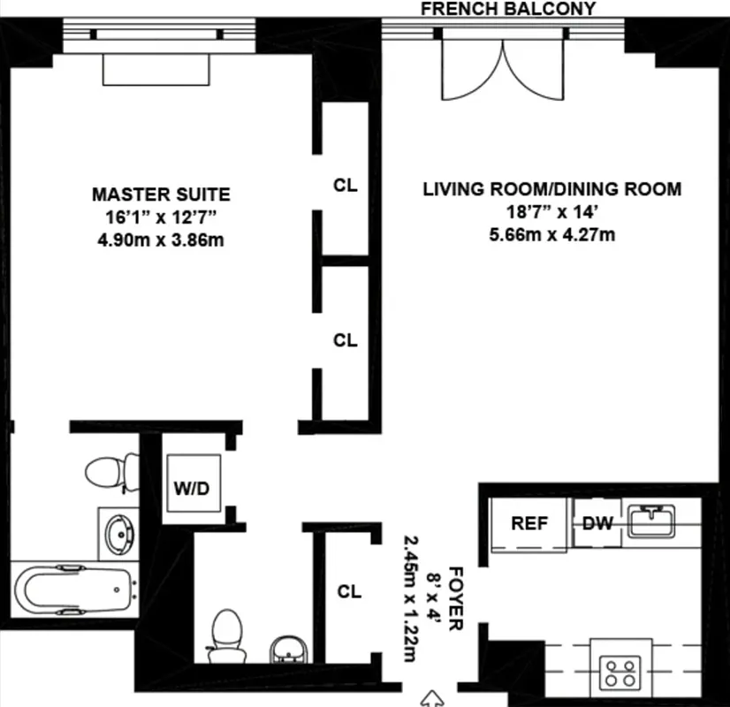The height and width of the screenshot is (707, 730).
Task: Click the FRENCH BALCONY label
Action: coord(507,9)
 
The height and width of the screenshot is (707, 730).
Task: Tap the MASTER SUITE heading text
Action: coord(161,194)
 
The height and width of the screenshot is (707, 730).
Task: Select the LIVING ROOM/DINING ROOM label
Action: coord(551,188)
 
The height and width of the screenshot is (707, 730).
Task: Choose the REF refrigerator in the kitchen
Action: coord(528,523)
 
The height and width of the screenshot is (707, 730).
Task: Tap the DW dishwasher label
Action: coord(597,523)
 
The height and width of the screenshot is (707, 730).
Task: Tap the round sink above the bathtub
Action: coord(117,533)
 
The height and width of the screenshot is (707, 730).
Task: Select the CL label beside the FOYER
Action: coord(349,592)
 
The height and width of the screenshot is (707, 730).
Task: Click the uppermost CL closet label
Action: coord(346,186)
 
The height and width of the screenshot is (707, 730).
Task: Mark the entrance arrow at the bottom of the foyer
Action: coord(434,697)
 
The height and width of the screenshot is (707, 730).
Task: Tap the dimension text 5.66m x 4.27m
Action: coord(551,235)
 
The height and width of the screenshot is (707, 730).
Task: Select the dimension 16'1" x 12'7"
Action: coord(161,217)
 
